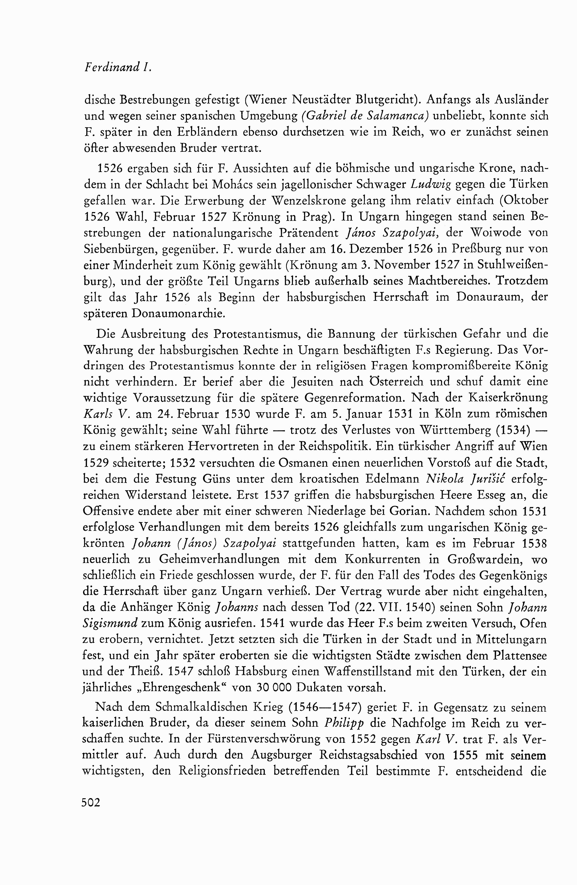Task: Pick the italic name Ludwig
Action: [437, 185]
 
